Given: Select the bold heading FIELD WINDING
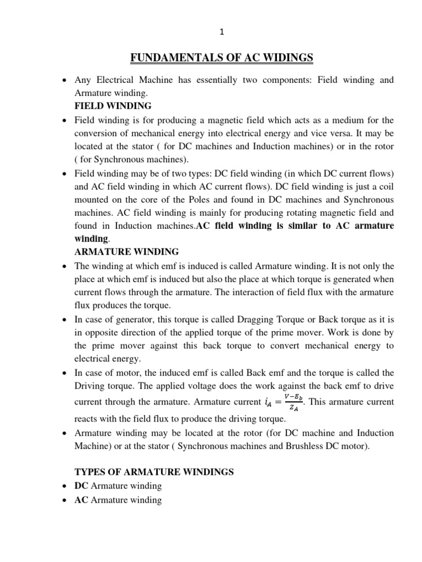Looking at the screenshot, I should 113,106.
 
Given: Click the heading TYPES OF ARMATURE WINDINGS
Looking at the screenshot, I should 154,471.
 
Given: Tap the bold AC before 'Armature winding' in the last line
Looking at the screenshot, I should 81,499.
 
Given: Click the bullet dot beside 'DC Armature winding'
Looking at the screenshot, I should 65,486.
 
